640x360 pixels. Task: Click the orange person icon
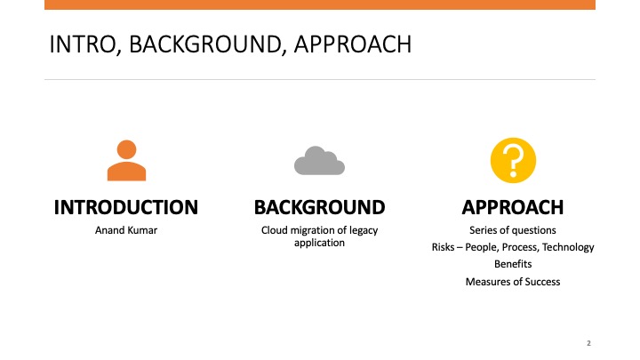click(x=126, y=160)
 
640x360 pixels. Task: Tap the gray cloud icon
click(x=320, y=160)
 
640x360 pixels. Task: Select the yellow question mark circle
click(x=513, y=160)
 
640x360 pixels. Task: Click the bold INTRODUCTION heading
click(x=126, y=207)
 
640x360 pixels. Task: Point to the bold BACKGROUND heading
click(x=320, y=207)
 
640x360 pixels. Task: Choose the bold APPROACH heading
click(x=513, y=207)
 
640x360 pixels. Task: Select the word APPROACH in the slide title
click(x=353, y=44)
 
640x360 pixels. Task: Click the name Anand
click(x=109, y=230)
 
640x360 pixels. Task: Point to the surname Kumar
click(x=142, y=230)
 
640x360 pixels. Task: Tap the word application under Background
click(x=320, y=244)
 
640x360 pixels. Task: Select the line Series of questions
click(x=513, y=230)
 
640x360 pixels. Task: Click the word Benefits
click(x=513, y=264)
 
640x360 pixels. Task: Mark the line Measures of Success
click(x=513, y=282)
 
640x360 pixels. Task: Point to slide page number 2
click(x=588, y=343)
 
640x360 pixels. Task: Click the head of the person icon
click(x=126, y=149)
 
